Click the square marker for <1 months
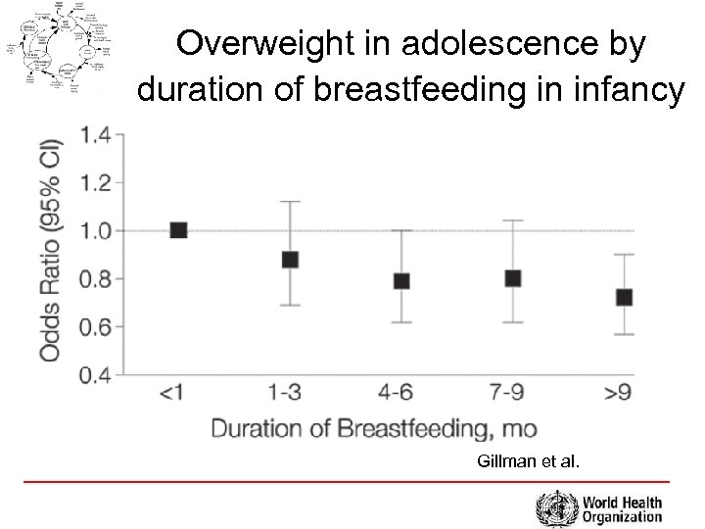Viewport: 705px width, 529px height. [x=178, y=230]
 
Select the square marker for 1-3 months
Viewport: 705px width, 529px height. [x=290, y=260]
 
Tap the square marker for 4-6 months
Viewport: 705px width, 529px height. [x=401, y=281]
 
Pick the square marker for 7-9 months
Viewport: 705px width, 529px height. [x=512, y=278]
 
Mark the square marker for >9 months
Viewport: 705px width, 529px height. [x=624, y=297]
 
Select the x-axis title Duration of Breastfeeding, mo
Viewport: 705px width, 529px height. [x=373, y=428]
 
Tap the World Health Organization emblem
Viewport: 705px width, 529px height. [x=555, y=509]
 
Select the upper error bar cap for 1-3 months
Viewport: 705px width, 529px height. [x=290, y=201]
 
